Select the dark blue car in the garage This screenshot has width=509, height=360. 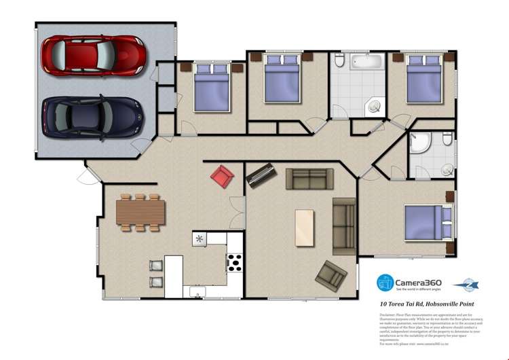tap(93, 116)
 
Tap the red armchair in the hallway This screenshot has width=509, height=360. tap(222, 177)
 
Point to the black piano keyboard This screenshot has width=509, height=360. tap(261, 176)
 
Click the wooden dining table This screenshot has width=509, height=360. tap(140, 211)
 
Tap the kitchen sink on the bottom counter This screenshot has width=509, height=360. tap(197, 292)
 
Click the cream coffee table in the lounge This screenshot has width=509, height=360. tap(305, 228)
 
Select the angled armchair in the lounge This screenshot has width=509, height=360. tap(331, 274)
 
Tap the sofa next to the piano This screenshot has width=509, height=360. tap(309, 179)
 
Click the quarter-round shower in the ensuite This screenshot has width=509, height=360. tap(421, 145)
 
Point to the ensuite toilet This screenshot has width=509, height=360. tap(447, 140)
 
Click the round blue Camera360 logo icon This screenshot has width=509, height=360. tap(385, 282)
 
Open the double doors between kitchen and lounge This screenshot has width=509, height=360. tap(235, 212)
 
